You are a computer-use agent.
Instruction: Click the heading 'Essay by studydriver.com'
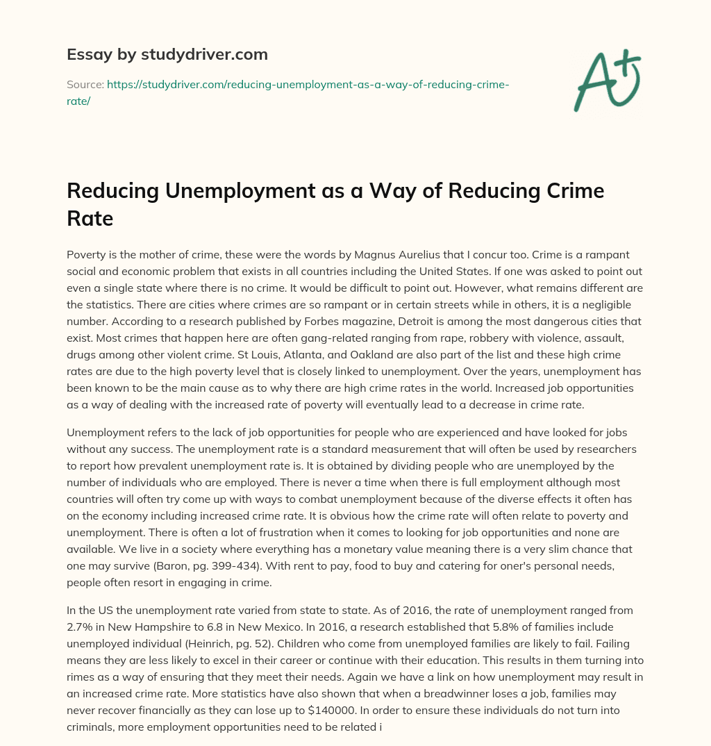(167, 54)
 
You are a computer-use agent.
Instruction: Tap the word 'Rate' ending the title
(90, 219)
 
